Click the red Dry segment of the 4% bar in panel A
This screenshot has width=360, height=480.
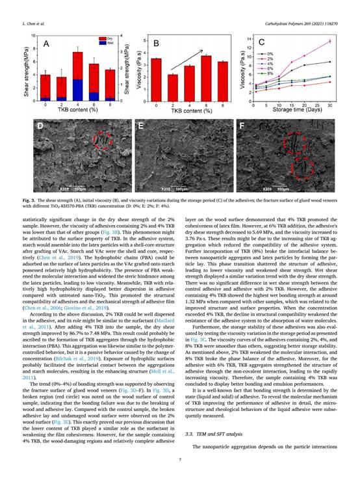[x=77, y=66]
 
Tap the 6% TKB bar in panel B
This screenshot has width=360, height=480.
[x=206, y=77]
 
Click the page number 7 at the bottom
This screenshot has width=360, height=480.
[x=180, y=460]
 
